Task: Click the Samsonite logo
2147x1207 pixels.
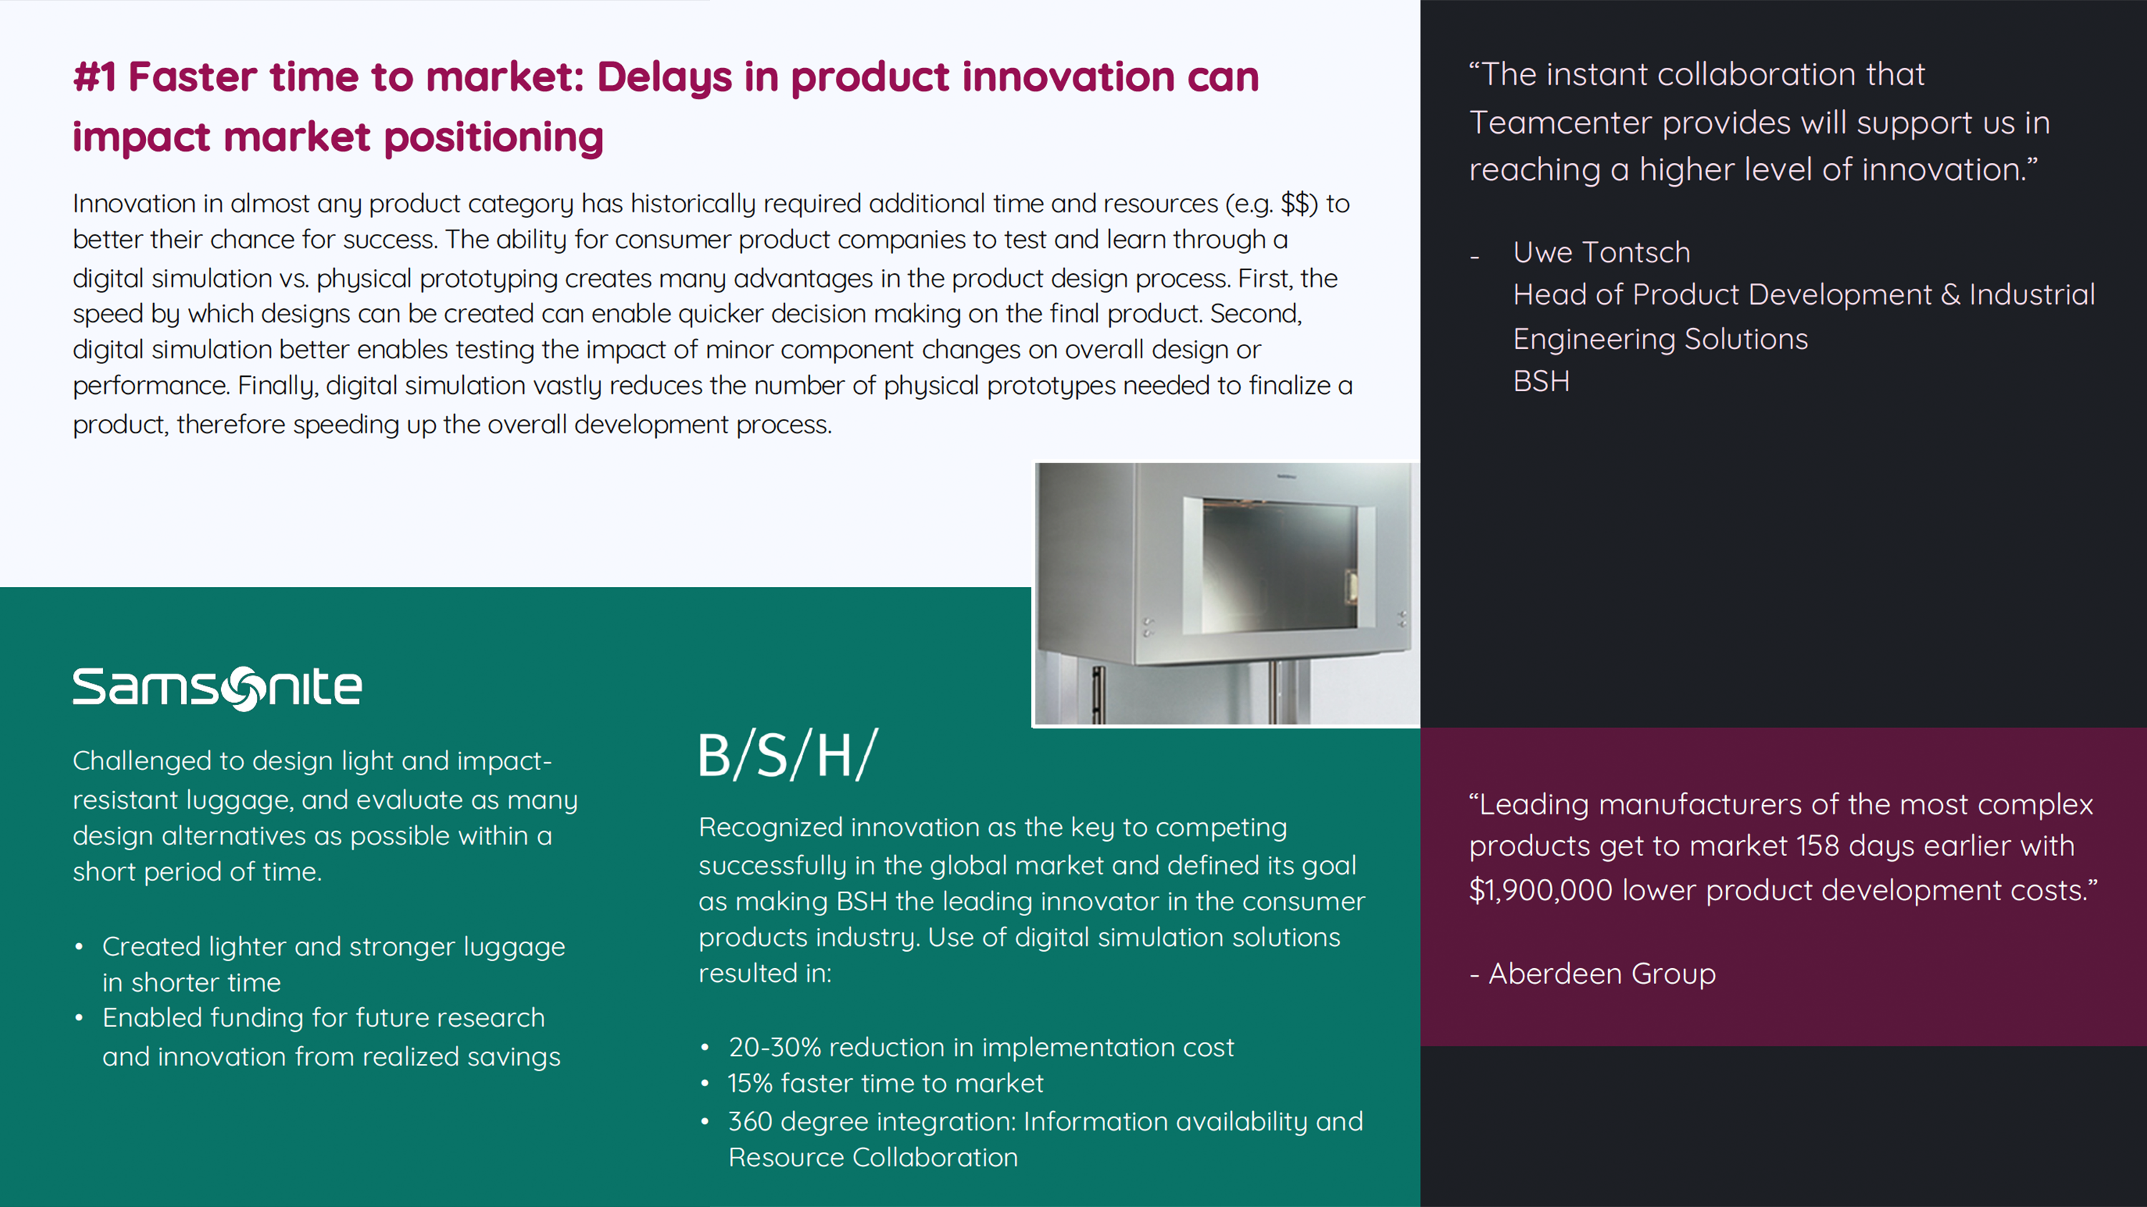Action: click(217, 688)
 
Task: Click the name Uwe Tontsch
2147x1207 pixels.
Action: click(1601, 252)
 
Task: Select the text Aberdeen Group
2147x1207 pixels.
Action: click(1602, 973)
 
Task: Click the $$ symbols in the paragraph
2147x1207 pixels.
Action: click(1296, 203)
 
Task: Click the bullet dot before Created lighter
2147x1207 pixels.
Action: click(79, 947)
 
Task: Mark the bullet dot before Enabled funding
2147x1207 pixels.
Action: click(79, 1018)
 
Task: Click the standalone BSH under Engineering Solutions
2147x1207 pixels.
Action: click(1541, 382)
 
